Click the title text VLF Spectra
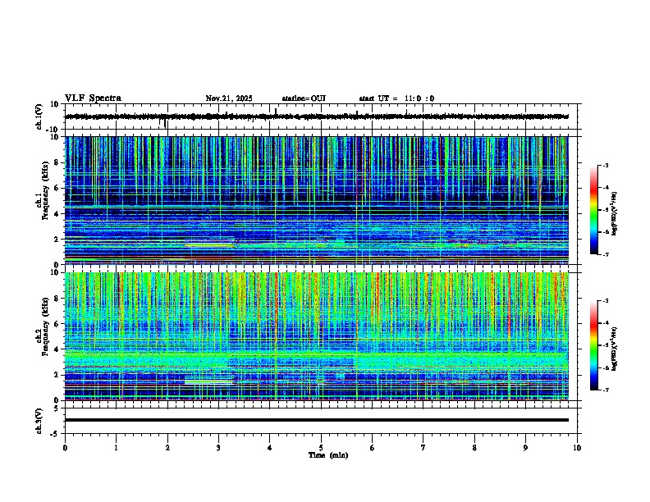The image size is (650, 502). click(x=93, y=98)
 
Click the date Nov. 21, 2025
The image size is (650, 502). click(x=229, y=98)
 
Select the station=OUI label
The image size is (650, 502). click(x=304, y=98)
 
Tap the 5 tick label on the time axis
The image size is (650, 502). click(x=321, y=447)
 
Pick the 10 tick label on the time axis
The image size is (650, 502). click(x=577, y=447)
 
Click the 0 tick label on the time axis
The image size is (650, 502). click(x=65, y=447)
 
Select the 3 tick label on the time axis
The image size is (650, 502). click(x=218, y=447)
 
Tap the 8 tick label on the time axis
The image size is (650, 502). click(x=474, y=447)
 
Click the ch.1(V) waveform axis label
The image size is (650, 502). click(x=39, y=116)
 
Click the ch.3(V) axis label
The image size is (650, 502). click(x=39, y=419)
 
